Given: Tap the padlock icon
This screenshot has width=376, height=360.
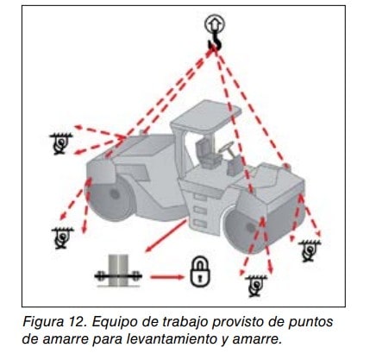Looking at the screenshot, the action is click(x=200, y=272).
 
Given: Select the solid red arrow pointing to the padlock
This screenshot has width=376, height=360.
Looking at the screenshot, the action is click(x=167, y=277).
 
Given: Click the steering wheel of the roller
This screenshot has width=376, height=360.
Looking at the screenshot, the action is click(x=227, y=148).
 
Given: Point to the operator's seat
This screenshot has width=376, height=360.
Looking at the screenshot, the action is click(x=206, y=153).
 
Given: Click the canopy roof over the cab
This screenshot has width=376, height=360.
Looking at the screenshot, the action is click(x=206, y=117).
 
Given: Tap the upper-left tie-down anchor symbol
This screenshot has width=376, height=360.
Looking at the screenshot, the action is click(x=60, y=143).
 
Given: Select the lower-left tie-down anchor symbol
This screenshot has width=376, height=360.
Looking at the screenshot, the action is click(x=62, y=238).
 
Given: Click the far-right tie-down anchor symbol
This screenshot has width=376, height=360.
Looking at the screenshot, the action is click(x=309, y=251).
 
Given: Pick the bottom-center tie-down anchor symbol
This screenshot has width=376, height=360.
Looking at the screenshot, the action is click(x=256, y=286).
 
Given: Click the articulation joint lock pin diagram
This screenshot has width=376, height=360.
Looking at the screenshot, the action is click(x=118, y=271).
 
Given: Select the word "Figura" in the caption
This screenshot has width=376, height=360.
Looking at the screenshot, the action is click(x=43, y=322).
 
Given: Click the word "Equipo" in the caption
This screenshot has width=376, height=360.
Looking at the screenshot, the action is click(x=110, y=322).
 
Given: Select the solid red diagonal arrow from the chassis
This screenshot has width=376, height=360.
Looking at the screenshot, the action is click(x=166, y=236).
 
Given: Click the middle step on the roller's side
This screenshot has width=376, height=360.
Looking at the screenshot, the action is click(x=200, y=210).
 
